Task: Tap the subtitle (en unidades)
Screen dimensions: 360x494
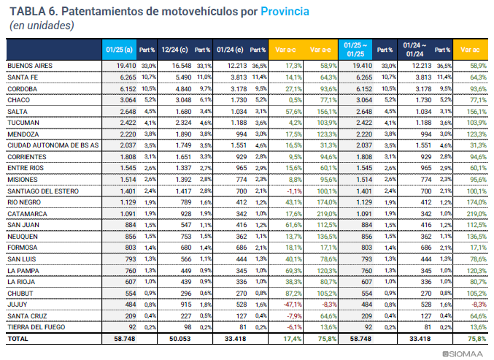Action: click(42, 26)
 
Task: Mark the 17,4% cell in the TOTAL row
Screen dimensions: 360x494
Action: click(293, 340)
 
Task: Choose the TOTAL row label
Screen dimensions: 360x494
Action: click(18, 340)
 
